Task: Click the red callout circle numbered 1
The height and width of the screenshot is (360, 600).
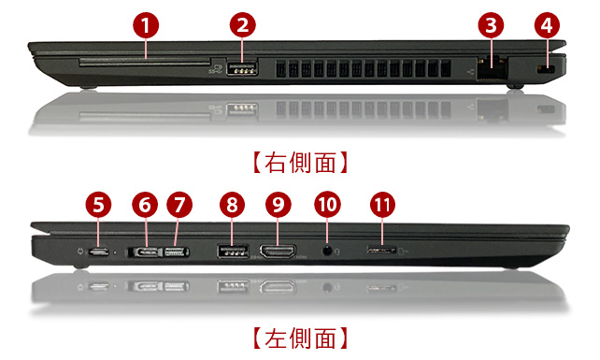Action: pos(146,25)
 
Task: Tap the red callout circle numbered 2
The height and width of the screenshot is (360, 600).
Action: pos(243,25)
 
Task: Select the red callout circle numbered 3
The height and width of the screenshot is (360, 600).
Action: pos(492,25)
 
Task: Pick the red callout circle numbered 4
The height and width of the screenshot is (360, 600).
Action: pos(547,25)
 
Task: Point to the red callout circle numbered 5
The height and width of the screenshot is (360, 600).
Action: pos(98,205)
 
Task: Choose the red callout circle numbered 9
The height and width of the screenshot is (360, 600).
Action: pos(279,205)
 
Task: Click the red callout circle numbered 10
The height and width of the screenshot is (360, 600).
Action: pos(327,205)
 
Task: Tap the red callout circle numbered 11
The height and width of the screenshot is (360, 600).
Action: pos(382,205)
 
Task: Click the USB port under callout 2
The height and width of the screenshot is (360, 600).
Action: pos(242,69)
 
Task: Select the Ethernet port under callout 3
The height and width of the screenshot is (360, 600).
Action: pos(493,68)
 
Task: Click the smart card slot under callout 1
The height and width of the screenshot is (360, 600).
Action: pos(145,63)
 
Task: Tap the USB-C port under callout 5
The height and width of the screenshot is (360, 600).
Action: pos(99,252)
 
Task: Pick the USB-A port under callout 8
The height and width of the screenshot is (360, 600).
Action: pos(233,252)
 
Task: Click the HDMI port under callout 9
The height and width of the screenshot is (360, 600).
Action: pos(278,252)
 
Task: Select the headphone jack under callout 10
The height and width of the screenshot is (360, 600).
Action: pos(327,252)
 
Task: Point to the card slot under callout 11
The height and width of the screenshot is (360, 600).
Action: pos(381,251)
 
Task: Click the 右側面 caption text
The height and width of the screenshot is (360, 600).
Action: pos(300,163)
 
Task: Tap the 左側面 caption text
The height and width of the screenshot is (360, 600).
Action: pos(300,338)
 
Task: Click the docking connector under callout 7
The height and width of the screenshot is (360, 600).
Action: pos(177,252)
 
